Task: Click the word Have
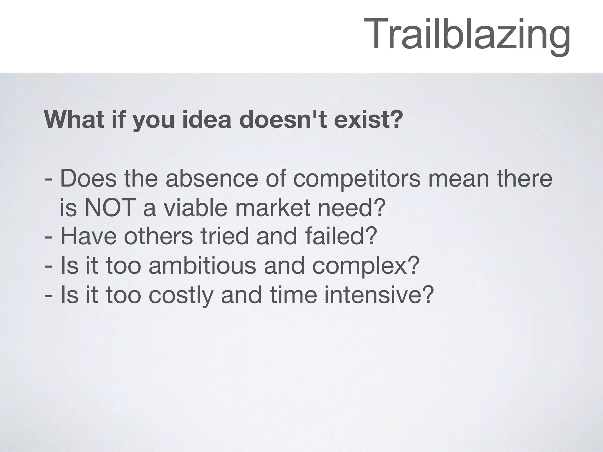[x=89, y=237]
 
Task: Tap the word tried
[x=225, y=237]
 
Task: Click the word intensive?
[x=379, y=295]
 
